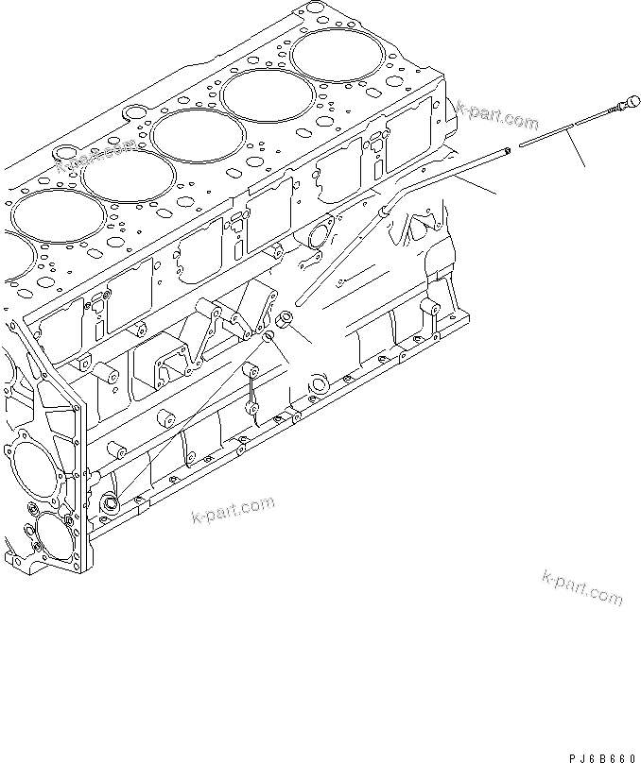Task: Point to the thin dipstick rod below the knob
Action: (558, 130)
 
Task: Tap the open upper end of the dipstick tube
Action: (508, 147)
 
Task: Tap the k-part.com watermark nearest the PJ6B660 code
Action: (582, 587)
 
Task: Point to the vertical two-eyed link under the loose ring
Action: (253, 387)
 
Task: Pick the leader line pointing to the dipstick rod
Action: (579, 151)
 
